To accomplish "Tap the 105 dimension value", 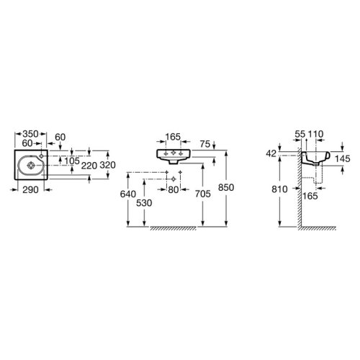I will coord(72,160).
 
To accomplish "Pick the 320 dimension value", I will coord(108,164).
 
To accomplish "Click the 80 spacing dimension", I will coord(172,191).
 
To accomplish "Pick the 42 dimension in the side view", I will coord(271,153).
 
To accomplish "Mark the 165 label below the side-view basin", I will coord(312,194).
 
